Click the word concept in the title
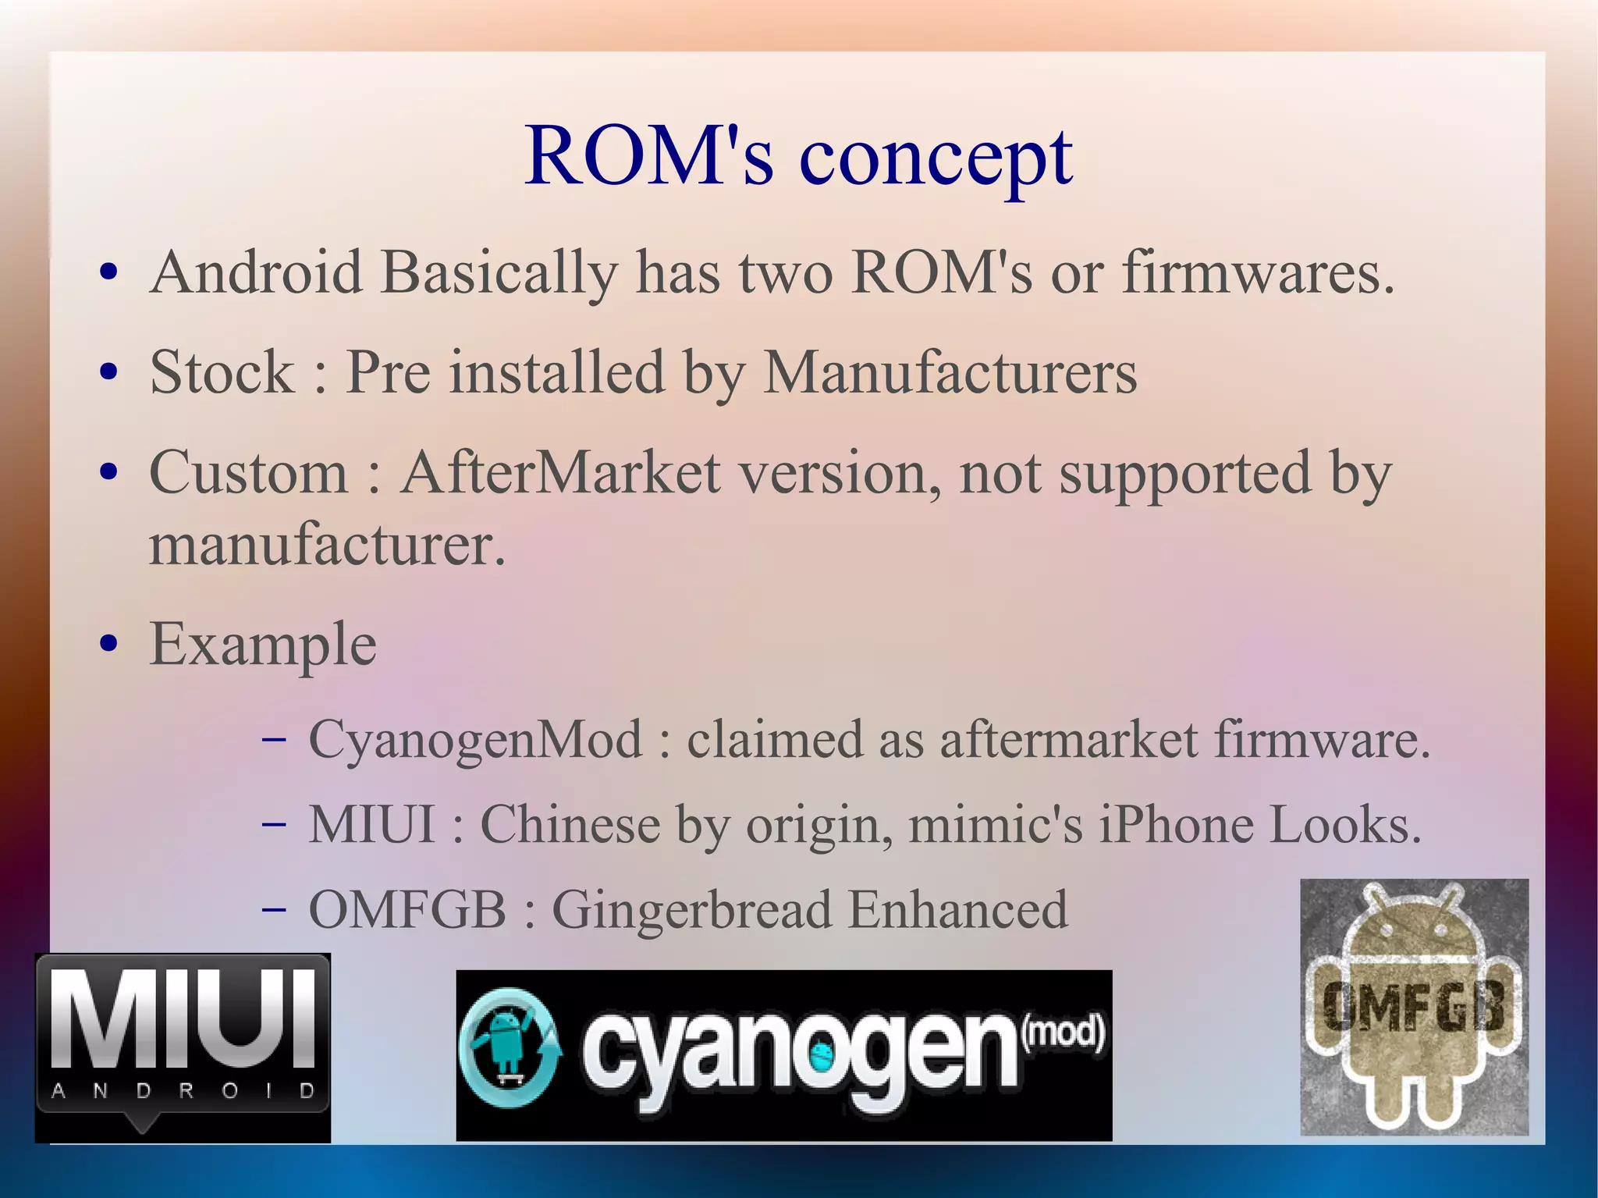tap(936, 158)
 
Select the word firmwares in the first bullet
tap(1257, 273)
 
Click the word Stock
tap(222, 373)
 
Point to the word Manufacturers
tap(950, 373)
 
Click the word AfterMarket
tap(559, 474)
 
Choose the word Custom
tap(248, 474)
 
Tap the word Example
tap(263, 645)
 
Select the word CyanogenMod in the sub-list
tap(475, 739)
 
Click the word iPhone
tap(1176, 825)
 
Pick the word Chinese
tap(570, 825)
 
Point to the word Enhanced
tap(957, 910)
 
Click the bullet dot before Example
tap(109, 645)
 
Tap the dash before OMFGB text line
tap(274, 910)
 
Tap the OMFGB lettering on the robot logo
tap(1413, 1007)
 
